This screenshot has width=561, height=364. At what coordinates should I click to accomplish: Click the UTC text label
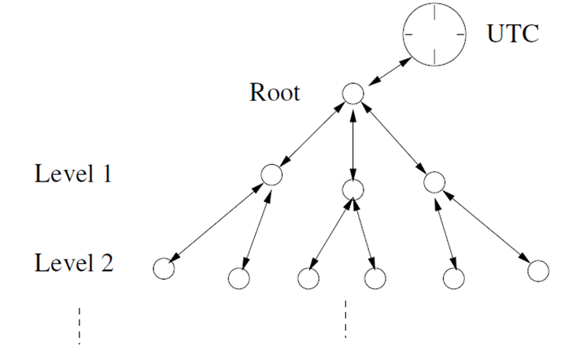(x=513, y=34)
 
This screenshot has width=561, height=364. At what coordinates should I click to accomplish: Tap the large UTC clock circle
(x=403, y=35)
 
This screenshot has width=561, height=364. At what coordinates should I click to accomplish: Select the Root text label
(x=275, y=93)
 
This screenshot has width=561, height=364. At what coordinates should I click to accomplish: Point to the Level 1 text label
(x=73, y=174)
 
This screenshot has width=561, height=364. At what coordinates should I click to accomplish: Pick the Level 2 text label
(x=74, y=263)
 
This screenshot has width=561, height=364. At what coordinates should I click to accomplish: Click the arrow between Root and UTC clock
(x=389, y=72)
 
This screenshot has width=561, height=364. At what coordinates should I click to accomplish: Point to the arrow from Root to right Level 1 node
(x=393, y=136)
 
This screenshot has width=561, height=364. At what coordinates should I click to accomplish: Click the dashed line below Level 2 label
(x=79, y=325)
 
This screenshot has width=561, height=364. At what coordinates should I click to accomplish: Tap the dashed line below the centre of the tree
(x=345, y=319)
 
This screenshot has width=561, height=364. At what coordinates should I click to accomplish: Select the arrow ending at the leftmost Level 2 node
(x=217, y=222)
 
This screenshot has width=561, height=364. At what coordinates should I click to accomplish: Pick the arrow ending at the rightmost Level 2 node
(x=486, y=226)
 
